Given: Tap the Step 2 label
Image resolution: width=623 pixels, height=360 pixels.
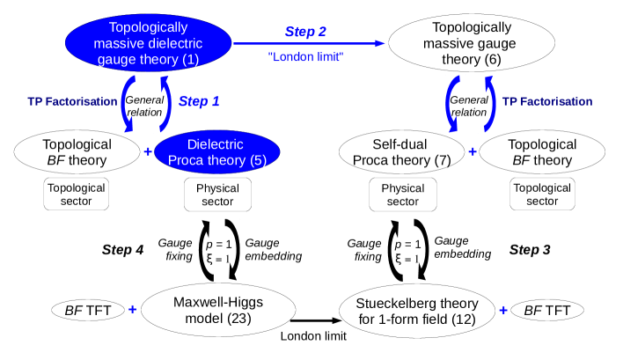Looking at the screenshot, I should click(x=305, y=31).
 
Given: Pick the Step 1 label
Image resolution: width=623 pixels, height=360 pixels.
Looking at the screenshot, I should click(x=199, y=101).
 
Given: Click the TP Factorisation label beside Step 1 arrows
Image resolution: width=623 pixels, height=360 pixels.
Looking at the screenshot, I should click(x=71, y=101).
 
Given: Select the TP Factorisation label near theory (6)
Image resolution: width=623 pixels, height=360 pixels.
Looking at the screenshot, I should click(x=547, y=101).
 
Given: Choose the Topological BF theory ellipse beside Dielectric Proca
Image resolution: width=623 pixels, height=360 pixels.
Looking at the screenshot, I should click(x=77, y=152).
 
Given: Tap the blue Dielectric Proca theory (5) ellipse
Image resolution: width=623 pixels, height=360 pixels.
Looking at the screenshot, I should click(x=216, y=152).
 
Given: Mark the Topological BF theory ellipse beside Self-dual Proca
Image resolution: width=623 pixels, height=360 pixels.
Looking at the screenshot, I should click(x=542, y=152).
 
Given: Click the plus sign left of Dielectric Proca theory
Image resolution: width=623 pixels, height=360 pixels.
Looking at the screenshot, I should click(x=148, y=152).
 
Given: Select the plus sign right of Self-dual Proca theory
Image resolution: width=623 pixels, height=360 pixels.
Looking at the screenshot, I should click(x=473, y=152).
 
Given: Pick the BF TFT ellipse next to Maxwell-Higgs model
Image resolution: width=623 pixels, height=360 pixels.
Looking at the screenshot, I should click(x=88, y=310).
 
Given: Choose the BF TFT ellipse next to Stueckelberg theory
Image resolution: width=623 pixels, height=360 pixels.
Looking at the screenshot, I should click(x=546, y=310).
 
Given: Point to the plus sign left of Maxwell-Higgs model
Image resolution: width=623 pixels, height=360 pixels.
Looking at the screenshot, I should click(x=133, y=310).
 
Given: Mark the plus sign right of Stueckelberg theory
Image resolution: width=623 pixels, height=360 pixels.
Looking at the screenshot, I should click(x=503, y=310).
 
